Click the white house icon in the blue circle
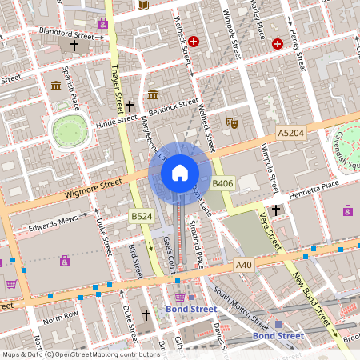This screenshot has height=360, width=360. coord(180,172)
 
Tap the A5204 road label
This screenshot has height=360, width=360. coord(291,131)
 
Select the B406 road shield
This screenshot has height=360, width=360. coord(222,183)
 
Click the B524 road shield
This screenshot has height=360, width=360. coord(142,216)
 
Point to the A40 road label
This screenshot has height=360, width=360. coord(244,263)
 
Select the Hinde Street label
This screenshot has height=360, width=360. coord(117,121)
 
